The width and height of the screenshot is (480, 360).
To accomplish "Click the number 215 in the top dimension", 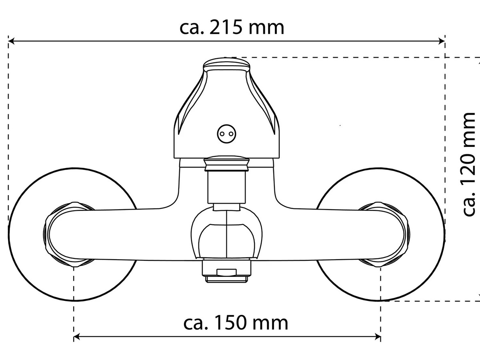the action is (x=225, y=28).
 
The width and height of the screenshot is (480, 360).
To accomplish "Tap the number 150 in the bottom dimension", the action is (x=229, y=323).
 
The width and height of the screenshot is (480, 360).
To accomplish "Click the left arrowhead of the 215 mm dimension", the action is (x=11, y=41).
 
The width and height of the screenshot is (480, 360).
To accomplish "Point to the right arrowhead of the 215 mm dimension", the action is (x=442, y=41).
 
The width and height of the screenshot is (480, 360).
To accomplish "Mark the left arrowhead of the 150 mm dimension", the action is (x=77, y=337).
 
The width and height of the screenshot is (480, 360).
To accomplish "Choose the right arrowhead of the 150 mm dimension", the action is (x=378, y=337).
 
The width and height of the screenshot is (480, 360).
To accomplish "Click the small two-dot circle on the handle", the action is (x=226, y=134).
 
